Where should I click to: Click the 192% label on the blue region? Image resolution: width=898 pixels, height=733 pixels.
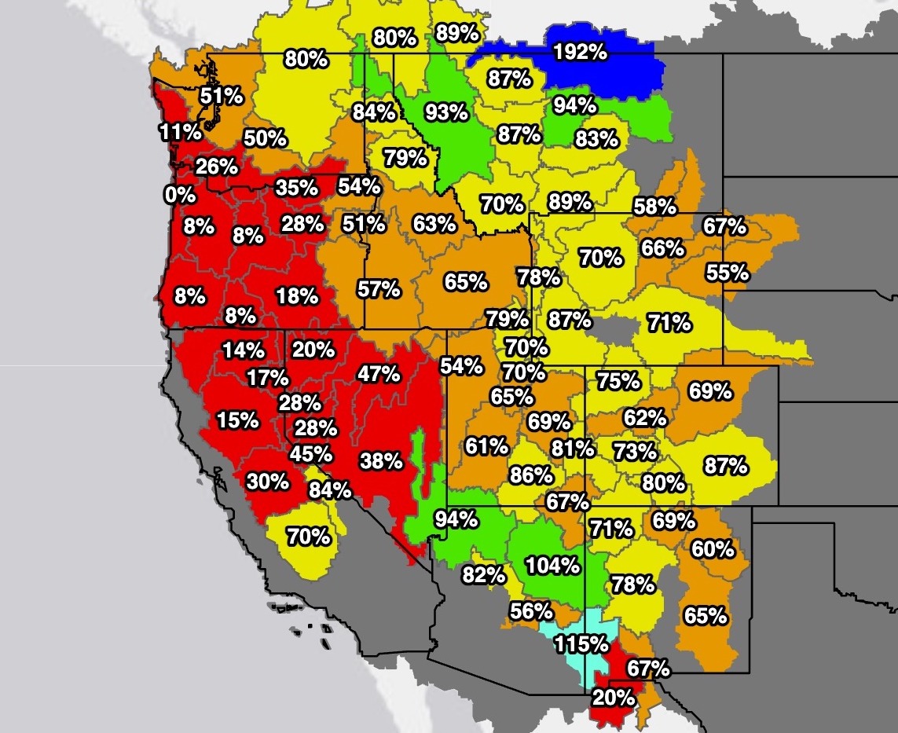581,53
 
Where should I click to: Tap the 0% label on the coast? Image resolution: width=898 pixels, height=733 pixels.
180,194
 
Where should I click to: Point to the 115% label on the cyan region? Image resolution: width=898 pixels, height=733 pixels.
581,644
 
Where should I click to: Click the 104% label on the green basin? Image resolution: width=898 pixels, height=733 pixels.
553,565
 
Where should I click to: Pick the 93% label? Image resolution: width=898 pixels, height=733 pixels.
446,112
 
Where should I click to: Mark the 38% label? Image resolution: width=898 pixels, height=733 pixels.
381,460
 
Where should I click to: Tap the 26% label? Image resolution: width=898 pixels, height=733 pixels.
217,167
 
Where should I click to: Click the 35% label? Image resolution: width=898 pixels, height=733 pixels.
296,188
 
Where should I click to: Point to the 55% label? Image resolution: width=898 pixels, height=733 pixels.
727,273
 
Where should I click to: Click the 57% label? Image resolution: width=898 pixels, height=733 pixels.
379,289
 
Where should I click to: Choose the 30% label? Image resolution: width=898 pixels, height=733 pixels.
268,481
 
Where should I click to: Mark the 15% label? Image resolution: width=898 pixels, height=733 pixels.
238,420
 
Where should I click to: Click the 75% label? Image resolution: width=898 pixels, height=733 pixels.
618,381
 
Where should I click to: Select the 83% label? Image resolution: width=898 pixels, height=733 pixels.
596,140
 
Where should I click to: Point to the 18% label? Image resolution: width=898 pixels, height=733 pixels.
297,296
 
